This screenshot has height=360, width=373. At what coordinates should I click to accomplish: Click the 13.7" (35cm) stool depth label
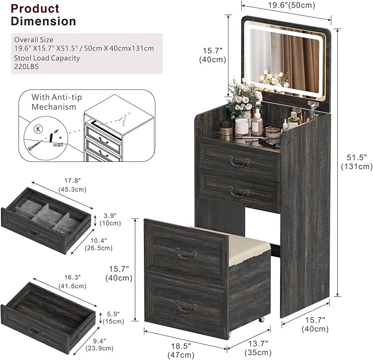coord(248,347)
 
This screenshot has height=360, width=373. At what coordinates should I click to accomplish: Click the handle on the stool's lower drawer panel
coord(186,306)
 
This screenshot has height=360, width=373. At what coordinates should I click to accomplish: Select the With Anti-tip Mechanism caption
coord(54,102)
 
